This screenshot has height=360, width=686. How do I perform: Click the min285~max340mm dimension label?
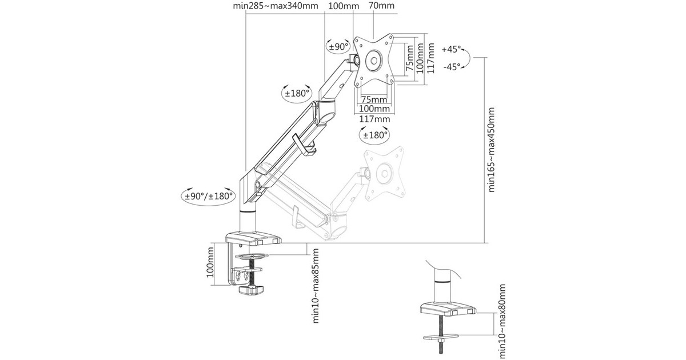(276, 6)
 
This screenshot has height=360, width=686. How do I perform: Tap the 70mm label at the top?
(381, 5)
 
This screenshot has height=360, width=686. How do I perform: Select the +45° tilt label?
(451, 49)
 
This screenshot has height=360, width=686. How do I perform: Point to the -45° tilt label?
(452, 67)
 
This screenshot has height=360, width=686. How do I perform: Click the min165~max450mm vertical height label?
(491, 150)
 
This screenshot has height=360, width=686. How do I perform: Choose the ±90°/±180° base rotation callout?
(209, 196)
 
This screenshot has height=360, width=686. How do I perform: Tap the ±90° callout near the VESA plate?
(338, 47)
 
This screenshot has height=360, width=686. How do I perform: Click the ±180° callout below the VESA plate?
(375, 135)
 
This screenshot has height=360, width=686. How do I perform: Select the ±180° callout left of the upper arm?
(297, 93)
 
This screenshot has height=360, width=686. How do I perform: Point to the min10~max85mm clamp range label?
(316, 286)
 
